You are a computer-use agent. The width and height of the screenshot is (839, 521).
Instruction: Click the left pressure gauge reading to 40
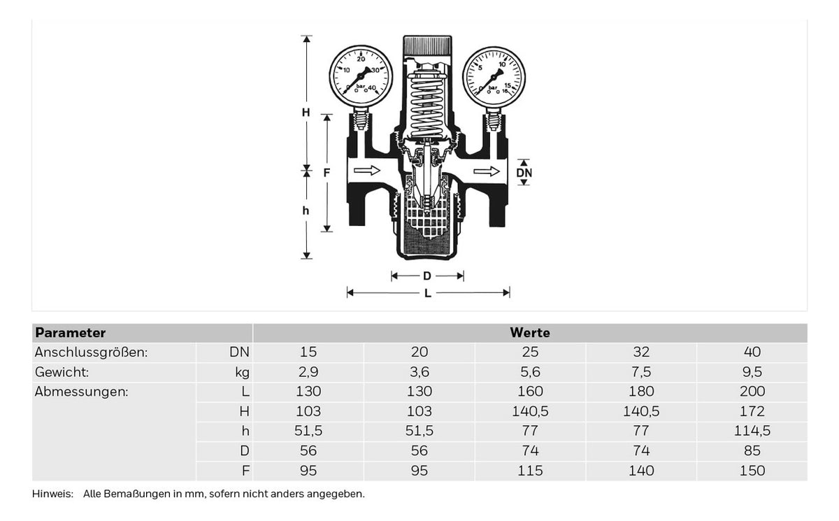[361, 76]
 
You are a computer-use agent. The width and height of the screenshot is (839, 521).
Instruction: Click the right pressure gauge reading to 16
[494, 77]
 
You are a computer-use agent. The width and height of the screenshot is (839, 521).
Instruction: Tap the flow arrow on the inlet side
[366, 171]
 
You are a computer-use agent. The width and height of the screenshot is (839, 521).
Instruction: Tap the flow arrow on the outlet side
[486, 171]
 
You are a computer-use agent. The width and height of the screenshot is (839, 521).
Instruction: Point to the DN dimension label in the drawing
[524, 173]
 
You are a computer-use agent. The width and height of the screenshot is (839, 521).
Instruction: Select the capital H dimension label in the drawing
[306, 112]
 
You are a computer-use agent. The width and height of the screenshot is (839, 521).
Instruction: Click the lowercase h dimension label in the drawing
[306, 210]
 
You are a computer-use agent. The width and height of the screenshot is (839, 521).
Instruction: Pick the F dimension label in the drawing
[327, 173]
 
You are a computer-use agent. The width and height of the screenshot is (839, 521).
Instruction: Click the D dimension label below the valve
[427, 276]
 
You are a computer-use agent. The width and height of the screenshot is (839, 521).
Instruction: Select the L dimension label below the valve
[427, 293]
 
